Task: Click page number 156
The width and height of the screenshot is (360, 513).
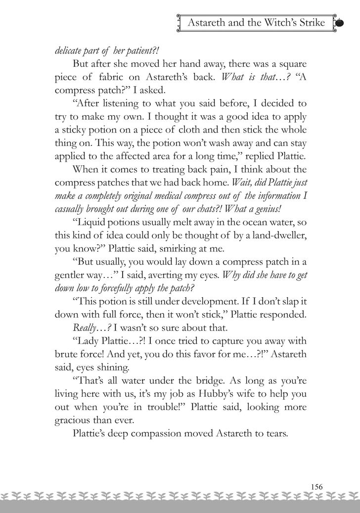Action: coord(316,486)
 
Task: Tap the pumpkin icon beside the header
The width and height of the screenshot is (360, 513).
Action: coord(340,23)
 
